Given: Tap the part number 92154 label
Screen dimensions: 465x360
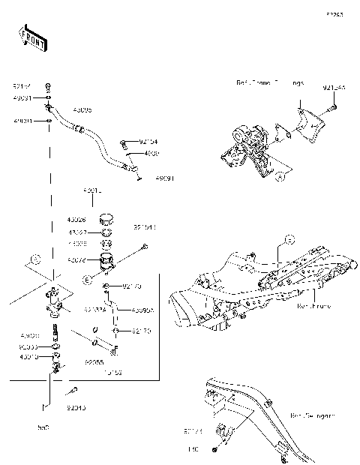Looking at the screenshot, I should click(x=148, y=140).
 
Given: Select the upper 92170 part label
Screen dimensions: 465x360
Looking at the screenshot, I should click(x=132, y=286).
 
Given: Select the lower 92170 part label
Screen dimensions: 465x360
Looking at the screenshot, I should click(x=132, y=330).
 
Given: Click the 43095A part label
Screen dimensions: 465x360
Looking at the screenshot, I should click(x=142, y=309).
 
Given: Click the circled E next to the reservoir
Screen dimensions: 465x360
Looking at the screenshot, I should click(x=86, y=280).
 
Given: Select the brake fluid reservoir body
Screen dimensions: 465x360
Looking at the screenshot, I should click(x=106, y=262).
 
